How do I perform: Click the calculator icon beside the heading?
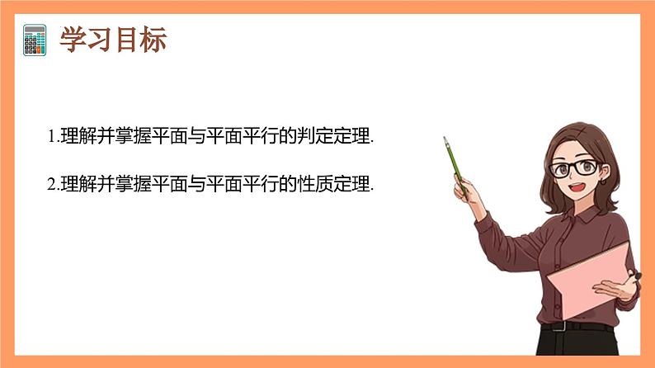coord(35,40)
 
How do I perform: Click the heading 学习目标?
coord(113,40)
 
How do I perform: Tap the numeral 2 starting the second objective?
coord(51,183)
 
